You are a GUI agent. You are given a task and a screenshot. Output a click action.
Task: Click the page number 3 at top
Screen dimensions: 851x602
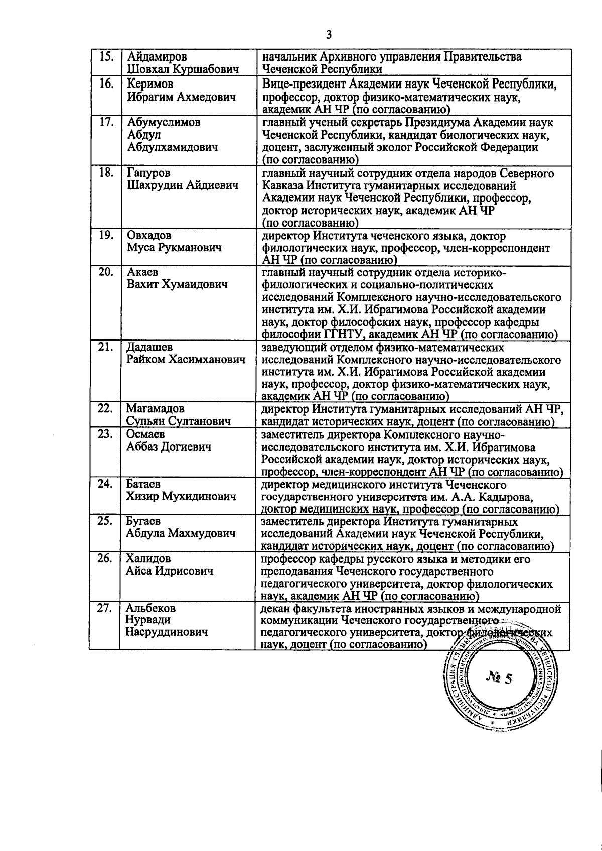pos(329,35)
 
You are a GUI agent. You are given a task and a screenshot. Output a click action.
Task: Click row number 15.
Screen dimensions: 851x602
pos(106,56)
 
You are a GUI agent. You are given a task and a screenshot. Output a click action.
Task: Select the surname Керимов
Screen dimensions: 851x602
pos(150,84)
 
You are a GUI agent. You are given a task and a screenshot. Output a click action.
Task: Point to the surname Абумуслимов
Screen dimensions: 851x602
pos(164,122)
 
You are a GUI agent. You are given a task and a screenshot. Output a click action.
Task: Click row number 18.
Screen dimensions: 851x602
pos(106,173)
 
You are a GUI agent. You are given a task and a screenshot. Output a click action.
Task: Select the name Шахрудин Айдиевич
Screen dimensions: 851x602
pos(182,185)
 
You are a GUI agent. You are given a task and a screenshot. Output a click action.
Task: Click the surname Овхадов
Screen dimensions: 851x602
pos(149,235)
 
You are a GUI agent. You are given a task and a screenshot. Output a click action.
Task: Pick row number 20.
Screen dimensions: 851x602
pos(106,272)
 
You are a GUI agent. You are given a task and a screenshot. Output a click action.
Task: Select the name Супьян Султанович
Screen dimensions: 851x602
pos(178,421)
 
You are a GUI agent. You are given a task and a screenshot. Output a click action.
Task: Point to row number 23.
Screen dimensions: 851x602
pos(106,434)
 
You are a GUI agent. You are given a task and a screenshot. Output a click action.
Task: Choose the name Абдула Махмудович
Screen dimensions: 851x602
pos(181,533)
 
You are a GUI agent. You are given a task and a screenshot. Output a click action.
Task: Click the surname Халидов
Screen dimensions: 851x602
pos(148,558)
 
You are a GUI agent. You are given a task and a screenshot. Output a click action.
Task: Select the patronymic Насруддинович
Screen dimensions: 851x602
pos(167,632)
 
